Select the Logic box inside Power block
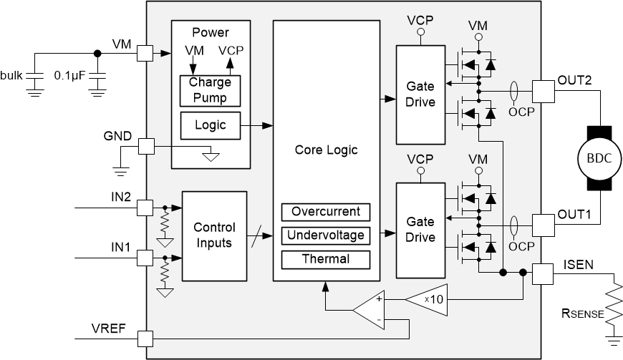point(210,125)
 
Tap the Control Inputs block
point(214,235)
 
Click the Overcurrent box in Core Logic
point(326,212)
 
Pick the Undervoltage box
point(326,235)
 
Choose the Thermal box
point(326,258)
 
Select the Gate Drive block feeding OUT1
point(420,230)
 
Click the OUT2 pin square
point(544,90)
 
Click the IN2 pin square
point(145,208)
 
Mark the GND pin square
point(145,147)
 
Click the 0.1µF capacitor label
point(71,74)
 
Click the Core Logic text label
point(326,150)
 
